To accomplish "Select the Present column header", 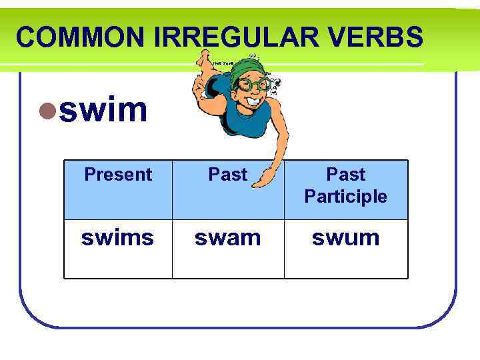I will tap(118, 175).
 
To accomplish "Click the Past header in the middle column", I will tap(228, 175).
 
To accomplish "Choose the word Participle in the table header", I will tap(345, 197).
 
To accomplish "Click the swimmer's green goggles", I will tap(254, 85).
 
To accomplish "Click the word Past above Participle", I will tap(345, 175).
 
